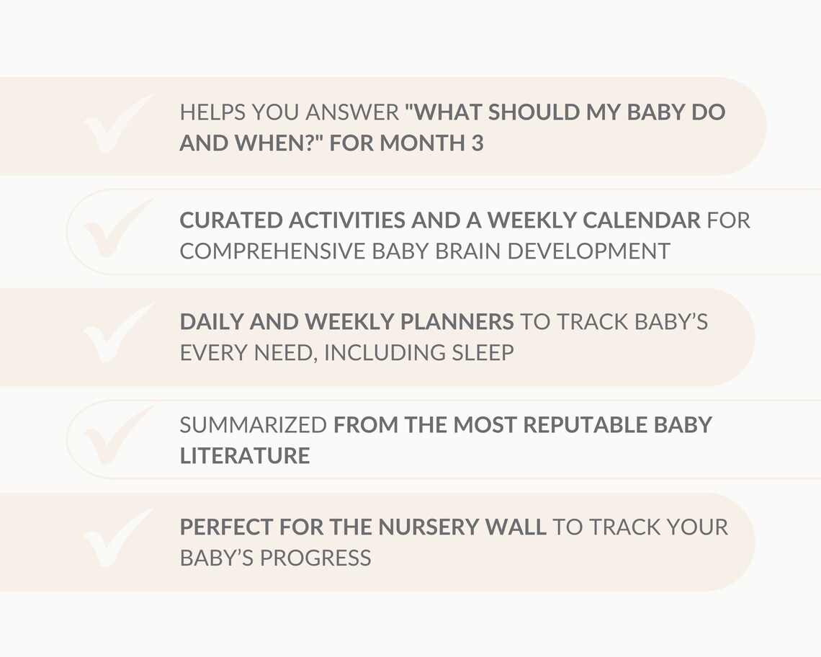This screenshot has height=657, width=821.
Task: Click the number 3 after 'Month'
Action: pos(477,143)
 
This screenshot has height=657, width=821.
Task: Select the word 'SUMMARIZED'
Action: pos(253,425)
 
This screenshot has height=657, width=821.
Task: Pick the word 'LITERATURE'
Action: pos(245,456)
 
